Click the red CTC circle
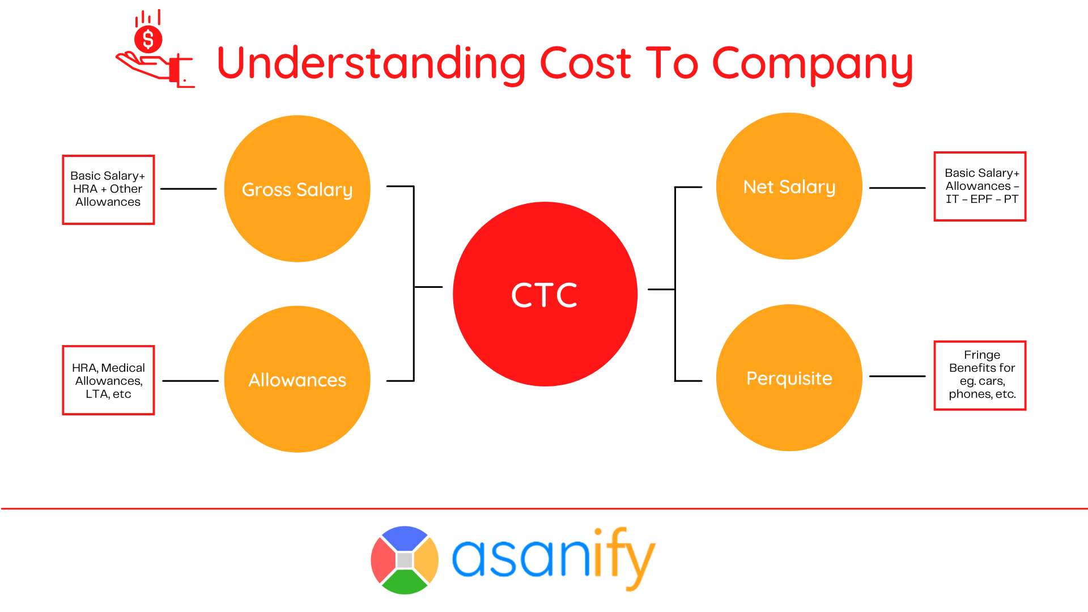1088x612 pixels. point(545,294)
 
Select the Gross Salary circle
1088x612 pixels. point(297,189)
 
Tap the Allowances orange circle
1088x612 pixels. point(297,379)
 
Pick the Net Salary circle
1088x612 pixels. point(789,186)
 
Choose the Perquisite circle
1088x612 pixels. point(789,378)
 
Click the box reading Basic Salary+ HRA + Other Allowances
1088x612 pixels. point(108,190)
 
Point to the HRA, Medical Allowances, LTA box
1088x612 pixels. point(108,380)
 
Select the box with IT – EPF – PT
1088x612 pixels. point(980,186)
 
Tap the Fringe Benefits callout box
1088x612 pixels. point(980,375)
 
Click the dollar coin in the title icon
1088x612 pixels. point(148,39)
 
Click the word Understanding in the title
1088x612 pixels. point(371,63)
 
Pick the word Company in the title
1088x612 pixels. point(811,63)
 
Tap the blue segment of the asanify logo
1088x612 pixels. point(404,538)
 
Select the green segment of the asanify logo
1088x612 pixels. point(404,583)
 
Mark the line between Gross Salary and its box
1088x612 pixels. point(189,189)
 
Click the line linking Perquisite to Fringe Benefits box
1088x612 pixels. point(897,376)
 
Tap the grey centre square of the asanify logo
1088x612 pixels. point(405,560)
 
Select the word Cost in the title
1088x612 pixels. point(585,63)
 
